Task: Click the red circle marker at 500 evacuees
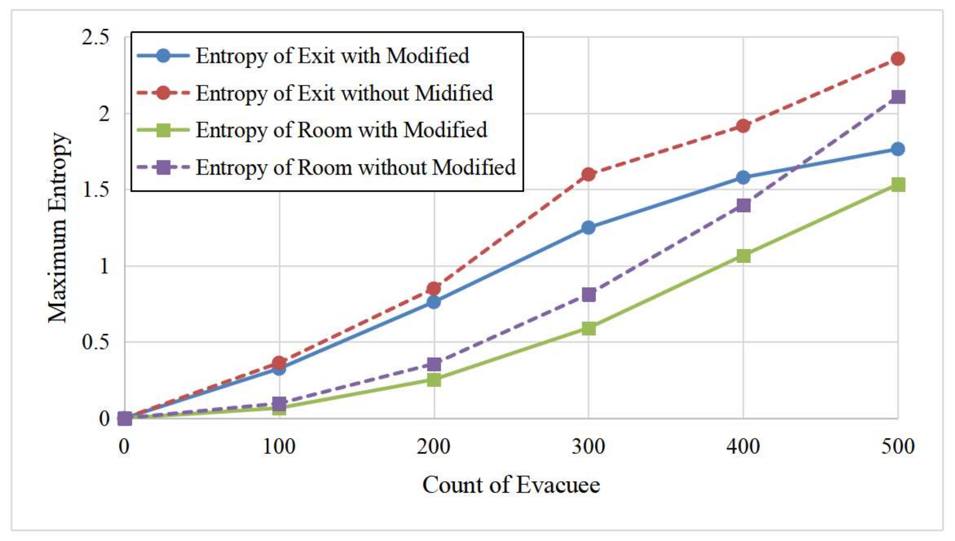898,59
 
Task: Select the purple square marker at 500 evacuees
898,96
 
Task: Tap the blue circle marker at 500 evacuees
898,149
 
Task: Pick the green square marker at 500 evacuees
898,184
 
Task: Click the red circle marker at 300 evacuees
588,174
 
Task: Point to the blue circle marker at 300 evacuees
588,227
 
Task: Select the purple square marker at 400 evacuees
743,205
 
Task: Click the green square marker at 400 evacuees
743,256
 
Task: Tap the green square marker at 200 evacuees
434,380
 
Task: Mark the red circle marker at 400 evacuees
743,126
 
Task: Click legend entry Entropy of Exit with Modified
332,56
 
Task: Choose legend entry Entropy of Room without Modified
355,167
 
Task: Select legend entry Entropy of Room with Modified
341,130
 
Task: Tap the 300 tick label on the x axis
588,446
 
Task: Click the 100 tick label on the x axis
279,446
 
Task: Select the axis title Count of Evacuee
511,484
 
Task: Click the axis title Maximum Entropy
58,227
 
